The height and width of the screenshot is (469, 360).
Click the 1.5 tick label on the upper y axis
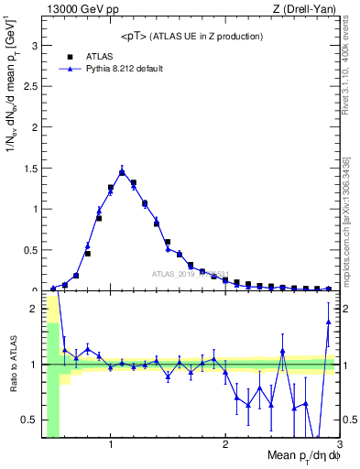click(29, 168)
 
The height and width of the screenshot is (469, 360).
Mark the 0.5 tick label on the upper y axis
click(29, 249)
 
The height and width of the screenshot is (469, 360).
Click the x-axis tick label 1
click(111, 445)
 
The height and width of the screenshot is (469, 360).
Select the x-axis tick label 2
click(225, 445)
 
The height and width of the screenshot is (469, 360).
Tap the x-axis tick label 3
click(338, 445)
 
